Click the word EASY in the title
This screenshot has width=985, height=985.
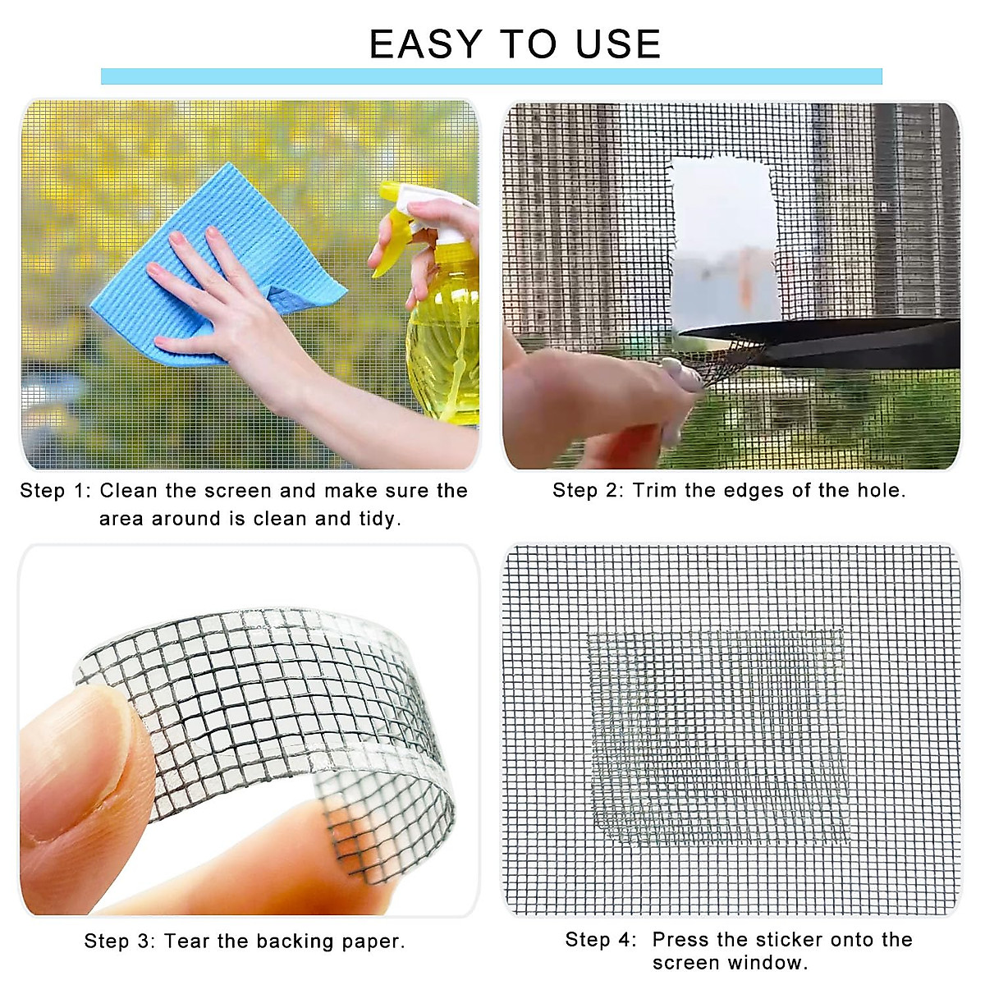coord(425,44)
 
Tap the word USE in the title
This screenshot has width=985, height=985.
coord(617,44)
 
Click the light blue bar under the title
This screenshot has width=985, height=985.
coord(491,76)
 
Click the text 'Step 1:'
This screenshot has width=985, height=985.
coord(55,491)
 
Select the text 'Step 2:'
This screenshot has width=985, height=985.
coord(588,491)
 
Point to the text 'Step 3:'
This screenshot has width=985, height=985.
coord(119,941)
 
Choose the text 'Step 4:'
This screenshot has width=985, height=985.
coord(600,940)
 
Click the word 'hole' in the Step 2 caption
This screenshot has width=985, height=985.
coord(878,491)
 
